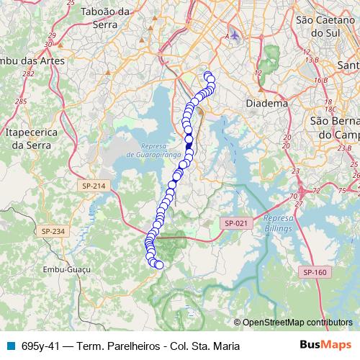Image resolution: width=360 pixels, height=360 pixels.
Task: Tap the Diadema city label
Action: [x=266, y=104]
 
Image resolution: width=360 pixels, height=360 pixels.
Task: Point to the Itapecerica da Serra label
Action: [x=29, y=139]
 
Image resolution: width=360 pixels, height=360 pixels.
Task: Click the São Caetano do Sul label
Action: [x=323, y=26]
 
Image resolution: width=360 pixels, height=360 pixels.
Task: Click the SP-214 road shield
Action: [x=93, y=186]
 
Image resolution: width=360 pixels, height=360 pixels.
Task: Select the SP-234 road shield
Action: [x=53, y=231]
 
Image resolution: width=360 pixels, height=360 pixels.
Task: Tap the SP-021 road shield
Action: [x=235, y=223]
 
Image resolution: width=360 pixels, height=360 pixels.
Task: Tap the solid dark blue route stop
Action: [x=189, y=146]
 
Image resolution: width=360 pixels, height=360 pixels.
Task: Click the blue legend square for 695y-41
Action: [x=10, y=346]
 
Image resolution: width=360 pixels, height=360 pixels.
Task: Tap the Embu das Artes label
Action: [x=32, y=60]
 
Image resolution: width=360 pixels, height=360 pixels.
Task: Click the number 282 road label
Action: [x=28, y=73]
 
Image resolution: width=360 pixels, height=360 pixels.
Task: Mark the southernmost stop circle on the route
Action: [x=159, y=266]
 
